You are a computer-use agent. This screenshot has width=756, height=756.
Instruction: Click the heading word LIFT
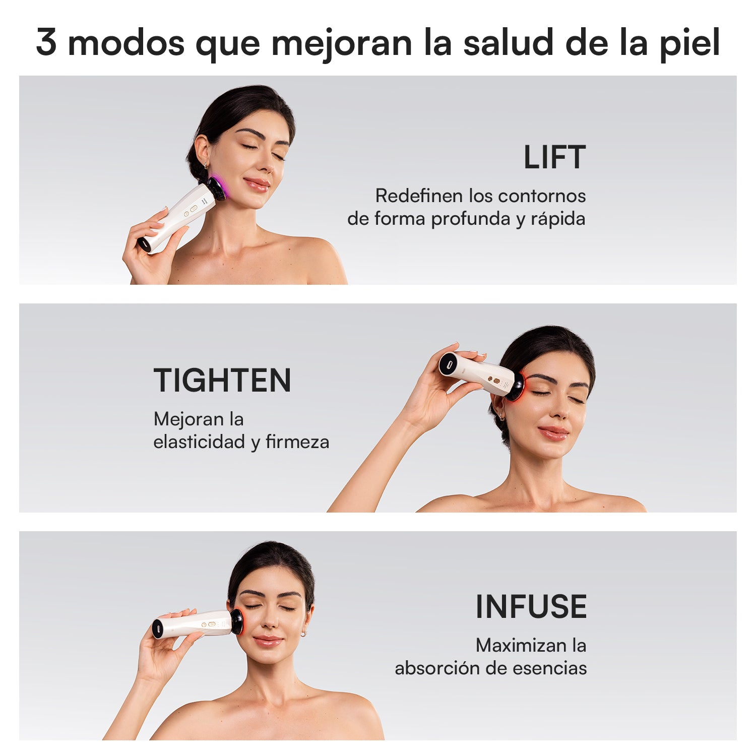coord(554,157)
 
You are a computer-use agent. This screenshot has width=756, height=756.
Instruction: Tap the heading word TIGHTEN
coord(222,381)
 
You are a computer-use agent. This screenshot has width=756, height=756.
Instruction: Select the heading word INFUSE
coord(531,607)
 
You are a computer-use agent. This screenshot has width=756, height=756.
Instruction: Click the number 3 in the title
coord(46,42)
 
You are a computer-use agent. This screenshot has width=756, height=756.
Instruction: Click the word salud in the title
coord(509,42)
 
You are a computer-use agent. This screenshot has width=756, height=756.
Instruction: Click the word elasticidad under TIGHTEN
coord(199,442)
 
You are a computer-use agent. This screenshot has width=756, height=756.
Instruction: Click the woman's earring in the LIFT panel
coord(206,165)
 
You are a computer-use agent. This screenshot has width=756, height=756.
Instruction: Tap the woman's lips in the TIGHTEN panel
coord(553,432)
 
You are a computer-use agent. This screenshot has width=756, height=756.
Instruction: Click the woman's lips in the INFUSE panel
coord(268,641)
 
